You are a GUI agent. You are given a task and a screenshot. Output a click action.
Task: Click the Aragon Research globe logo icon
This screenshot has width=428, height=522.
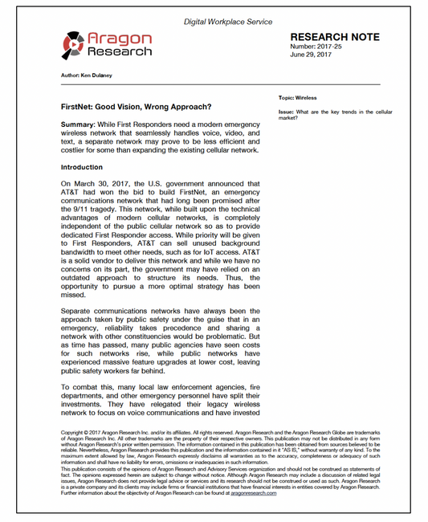[x=75, y=45]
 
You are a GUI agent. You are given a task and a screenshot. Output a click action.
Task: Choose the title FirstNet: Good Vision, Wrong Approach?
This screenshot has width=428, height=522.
[x=137, y=107]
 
